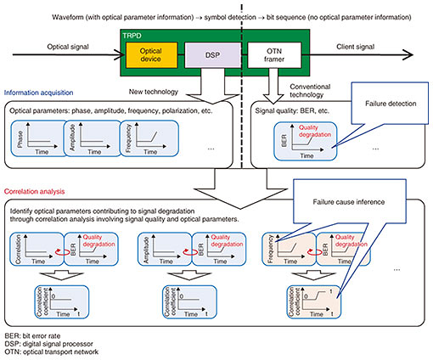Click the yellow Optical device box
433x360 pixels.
(151, 55)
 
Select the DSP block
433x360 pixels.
(212, 55)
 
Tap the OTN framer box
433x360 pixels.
(274, 55)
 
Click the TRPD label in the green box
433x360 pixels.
(132, 36)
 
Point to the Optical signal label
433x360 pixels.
(68, 47)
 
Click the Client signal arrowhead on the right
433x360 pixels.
(408, 54)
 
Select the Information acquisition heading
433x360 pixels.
(38, 93)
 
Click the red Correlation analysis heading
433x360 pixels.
(34, 192)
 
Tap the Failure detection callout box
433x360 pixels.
(390, 104)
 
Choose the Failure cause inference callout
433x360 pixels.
(350, 201)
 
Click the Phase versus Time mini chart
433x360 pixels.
(38, 138)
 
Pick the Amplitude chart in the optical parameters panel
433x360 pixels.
(93, 138)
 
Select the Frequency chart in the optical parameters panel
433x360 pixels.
(149, 138)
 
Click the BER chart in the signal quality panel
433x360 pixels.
(306, 141)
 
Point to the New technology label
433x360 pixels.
(154, 92)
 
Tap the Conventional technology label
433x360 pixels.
(310, 91)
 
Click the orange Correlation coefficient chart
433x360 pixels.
(314, 302)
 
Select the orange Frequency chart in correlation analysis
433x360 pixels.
(289, 249)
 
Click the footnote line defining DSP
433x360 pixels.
(48, 344)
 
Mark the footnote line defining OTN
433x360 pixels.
(52, 352)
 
